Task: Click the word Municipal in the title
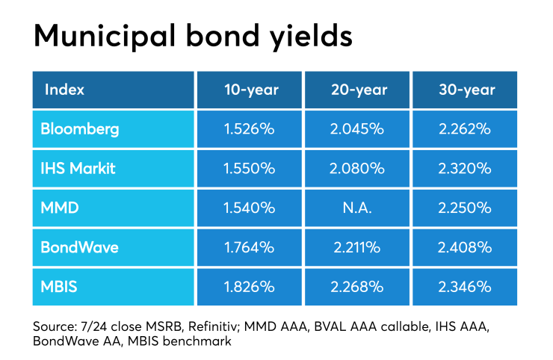click(x=105, y=37)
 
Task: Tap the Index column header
click(x=64, y=90)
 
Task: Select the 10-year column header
click(x=251, y=90)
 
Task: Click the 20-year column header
click(x=359, y=90)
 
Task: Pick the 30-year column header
click(x=467, y=90)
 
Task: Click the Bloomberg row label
click(x=80, y=129)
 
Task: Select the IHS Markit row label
click(x=78, y=168)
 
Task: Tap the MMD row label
click(x=60, y=208)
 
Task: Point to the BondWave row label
click(x=79, y=247)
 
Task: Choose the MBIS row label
click(x=59, y=287)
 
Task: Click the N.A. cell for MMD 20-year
click(x=357, y=208)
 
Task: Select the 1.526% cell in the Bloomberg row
click(x=250, y=129)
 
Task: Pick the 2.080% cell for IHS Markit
click(x=357, y=169)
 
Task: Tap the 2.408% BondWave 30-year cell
click(x=465, y=247)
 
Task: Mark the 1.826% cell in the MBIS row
click(x=250, y=287)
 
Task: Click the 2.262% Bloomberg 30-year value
click(x=465, y=129)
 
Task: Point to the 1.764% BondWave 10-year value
click(x=250, y=247)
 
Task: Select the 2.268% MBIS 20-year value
click(x=357, y=287)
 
